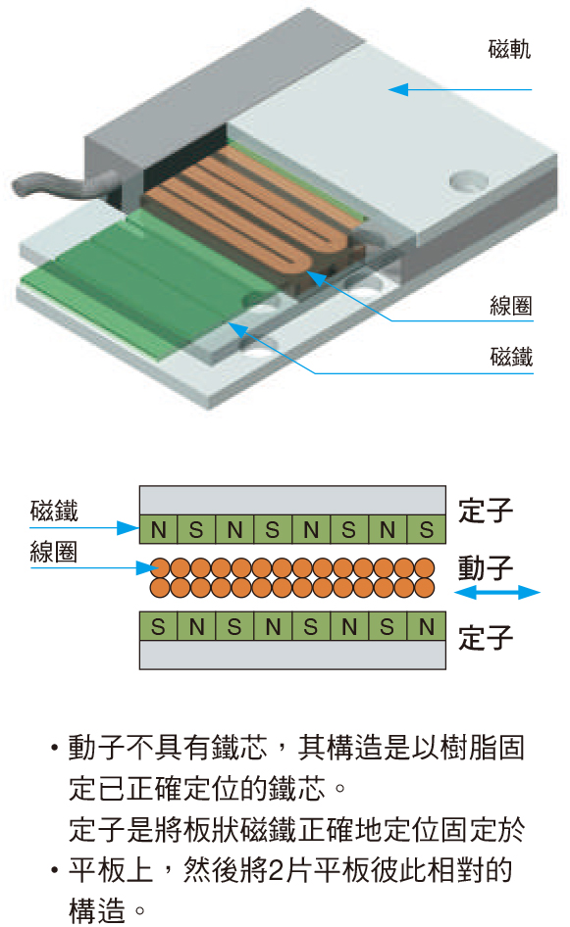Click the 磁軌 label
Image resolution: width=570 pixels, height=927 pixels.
click(509, 49)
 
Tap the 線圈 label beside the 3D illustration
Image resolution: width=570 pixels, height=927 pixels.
click(511, 306)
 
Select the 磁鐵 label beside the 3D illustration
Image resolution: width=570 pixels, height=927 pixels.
click(511, 357)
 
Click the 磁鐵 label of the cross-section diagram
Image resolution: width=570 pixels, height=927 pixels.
click(54, 511)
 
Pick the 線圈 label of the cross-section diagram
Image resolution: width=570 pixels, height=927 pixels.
click(54, 552)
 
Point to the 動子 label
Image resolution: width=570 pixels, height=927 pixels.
click(486, 567)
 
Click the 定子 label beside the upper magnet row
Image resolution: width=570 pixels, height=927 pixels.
click(486, 511)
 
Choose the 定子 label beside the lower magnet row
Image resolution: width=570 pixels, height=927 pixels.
click(486, 638)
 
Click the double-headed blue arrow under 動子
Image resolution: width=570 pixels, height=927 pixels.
click(497, 592)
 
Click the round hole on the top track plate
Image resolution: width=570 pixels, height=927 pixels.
click(467, 180)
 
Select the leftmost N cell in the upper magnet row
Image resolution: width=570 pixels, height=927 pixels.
click(159, 530)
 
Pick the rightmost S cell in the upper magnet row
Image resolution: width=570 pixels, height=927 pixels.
click(426, 530)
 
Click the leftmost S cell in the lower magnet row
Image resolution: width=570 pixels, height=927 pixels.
click(158, 626)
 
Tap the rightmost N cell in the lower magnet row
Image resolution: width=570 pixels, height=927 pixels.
click(426, 626)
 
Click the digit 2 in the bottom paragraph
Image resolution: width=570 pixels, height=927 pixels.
click(276, 869)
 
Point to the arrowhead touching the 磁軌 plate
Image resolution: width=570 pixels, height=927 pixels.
click(398, 89)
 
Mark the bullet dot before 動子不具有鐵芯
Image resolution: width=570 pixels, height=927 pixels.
click(55, 748)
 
